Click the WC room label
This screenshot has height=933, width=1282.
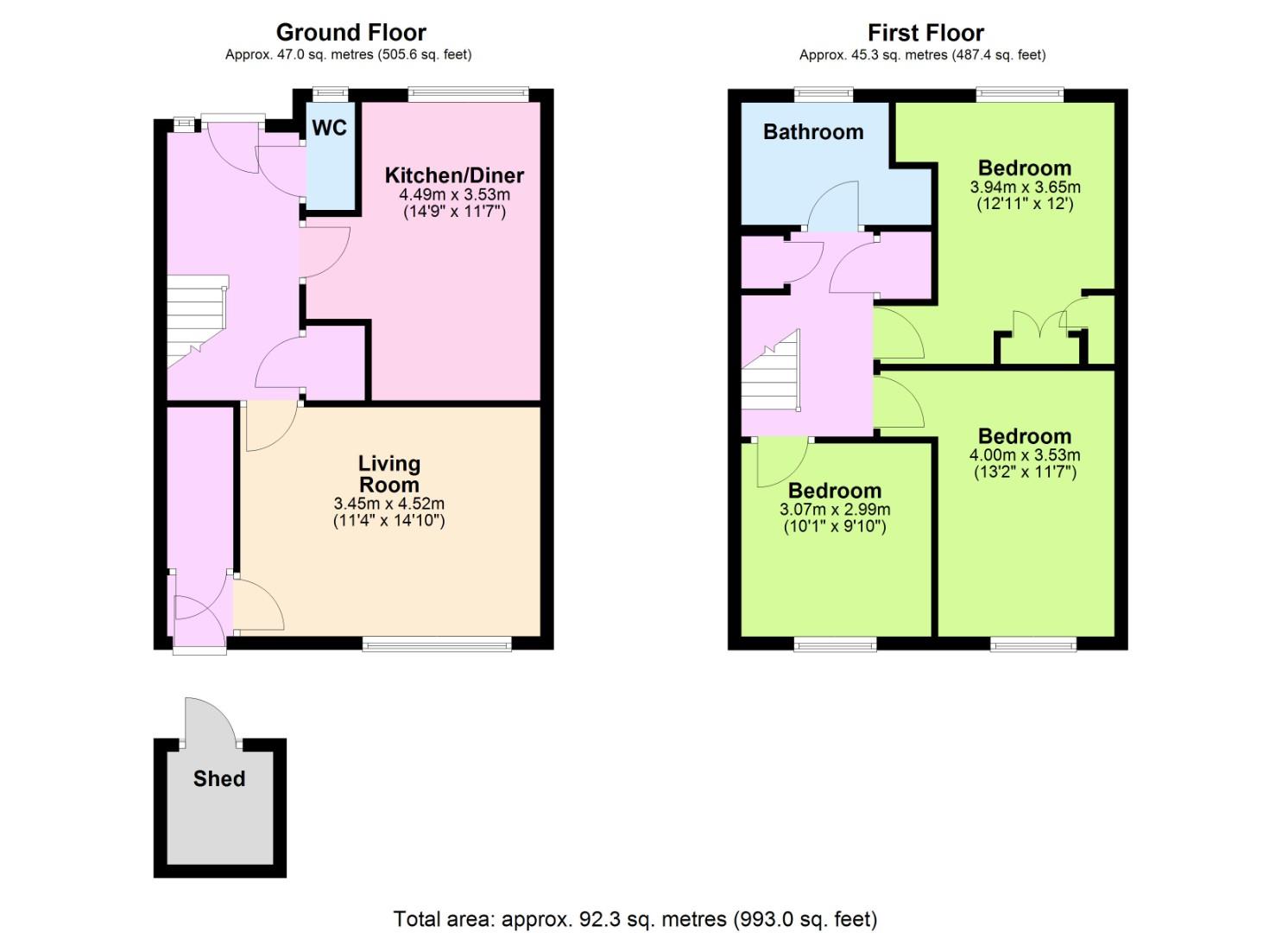pos(329,128)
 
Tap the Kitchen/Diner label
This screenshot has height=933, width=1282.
pos(454,175)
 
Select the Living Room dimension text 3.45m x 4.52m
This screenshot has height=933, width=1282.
pos(388,504)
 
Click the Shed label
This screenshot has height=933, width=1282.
pos(219,778)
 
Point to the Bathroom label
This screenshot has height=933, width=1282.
pos(813,131)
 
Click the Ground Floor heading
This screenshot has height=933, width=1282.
pos(350,33)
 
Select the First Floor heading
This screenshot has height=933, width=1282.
pos(925,33)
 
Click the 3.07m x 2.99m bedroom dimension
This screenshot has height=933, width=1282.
pos(835,509)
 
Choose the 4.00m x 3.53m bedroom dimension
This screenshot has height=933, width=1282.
pos(1025,454)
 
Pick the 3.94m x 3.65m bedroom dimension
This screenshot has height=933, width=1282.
pos(1025,187)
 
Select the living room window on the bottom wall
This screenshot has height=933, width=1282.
pos(437,645)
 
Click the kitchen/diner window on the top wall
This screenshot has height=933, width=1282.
pos(469,94)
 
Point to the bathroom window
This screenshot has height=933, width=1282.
pos(824,94)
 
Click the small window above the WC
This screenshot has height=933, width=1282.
pos(331,94)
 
